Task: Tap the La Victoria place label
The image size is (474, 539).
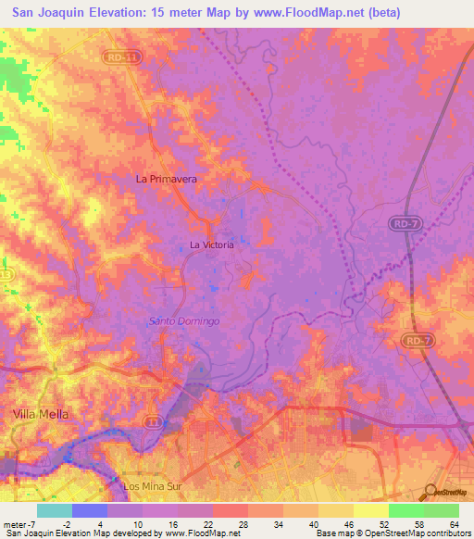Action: click(211, 244)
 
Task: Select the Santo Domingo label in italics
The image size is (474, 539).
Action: click(184, 320)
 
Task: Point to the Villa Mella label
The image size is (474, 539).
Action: click(41, 412)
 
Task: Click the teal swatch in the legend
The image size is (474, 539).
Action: click(55, 510)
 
